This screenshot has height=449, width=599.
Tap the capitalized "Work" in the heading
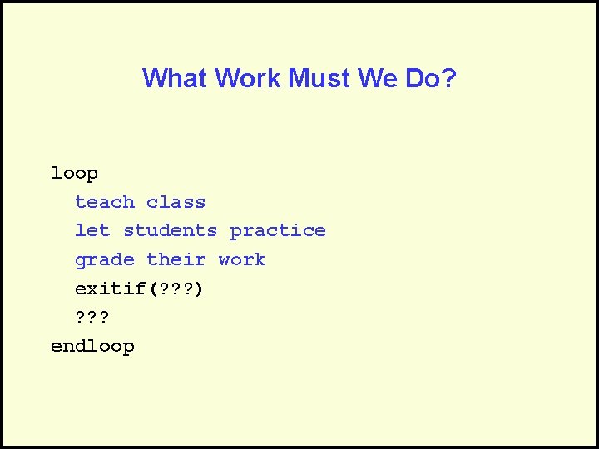248,79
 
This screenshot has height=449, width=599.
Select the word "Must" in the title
319,79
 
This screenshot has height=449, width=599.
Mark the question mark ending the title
449,79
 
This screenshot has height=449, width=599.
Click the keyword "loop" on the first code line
74,174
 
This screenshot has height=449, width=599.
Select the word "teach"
104,202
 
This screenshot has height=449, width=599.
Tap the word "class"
176,202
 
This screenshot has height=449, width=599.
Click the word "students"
170,230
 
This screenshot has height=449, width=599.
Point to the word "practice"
278,231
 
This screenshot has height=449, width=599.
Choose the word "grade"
104,260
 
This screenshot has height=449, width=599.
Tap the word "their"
176,259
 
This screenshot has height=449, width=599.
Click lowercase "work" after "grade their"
242,259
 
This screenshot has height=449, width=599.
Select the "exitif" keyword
110,289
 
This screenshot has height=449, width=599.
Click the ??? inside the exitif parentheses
172,289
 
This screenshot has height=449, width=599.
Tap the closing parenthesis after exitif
198,289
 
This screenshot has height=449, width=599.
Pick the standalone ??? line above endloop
92,317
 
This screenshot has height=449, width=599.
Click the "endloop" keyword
92,346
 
